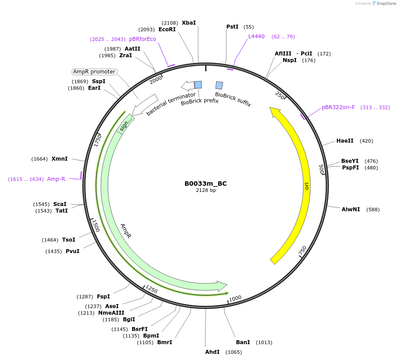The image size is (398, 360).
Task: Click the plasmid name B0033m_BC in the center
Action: click(206, 184)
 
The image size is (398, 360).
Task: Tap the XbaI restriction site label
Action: click(189, 22)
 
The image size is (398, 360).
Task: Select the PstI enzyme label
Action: click(232, 27)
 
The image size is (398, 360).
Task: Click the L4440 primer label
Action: click(256, 37)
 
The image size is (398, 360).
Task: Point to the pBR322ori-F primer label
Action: click(338, 107)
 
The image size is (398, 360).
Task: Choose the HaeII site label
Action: click(345, 141)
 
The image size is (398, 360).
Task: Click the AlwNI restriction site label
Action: click(350, 209)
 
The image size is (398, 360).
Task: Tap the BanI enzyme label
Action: click(243, 342)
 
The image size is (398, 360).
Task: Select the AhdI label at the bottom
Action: click(212, 352)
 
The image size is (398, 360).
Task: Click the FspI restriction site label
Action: click(103, 297)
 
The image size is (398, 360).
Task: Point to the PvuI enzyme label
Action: click(73, 251)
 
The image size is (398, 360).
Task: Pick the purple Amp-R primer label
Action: click(56, 179)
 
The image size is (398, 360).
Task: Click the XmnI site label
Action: click(59, 159)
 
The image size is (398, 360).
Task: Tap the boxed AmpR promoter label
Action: click(94, 72)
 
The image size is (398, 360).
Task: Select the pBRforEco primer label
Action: click(142, 39)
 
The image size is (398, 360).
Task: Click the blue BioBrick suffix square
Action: click(219, 85)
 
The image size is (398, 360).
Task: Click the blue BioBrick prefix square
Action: click(198, 84)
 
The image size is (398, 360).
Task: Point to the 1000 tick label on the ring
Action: click(235, 298)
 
